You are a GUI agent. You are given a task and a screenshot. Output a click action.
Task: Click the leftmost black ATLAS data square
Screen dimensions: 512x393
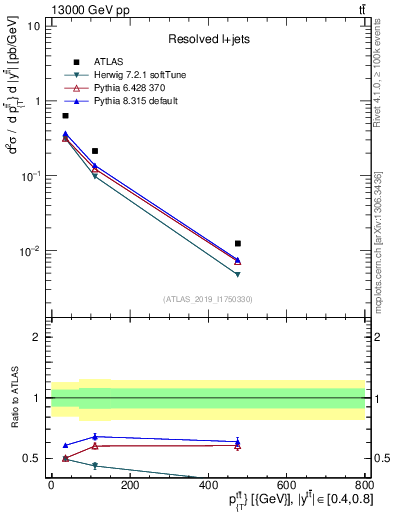click(x=65, y=116)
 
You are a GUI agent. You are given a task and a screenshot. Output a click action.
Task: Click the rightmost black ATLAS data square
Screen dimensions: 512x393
click(x=237, y=243)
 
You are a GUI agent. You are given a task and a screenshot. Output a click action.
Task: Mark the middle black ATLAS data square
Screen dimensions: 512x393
click(x=95, y=151)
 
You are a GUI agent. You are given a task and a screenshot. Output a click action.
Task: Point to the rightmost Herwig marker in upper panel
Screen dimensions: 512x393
click(x=237, y=274)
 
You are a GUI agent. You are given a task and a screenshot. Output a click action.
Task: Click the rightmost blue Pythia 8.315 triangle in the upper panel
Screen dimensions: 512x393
click(x=237, y=260)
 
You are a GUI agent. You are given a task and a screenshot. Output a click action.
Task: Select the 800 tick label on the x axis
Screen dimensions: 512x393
click(x=363, y=485)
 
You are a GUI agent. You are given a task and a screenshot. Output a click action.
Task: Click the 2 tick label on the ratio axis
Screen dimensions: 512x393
click(x=37, y=337)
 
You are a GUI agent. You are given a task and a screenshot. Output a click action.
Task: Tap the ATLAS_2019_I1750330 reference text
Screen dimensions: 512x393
click(x=207, y=299)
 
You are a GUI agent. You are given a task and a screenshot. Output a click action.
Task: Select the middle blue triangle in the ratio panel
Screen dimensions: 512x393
click(x=95, y=436)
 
